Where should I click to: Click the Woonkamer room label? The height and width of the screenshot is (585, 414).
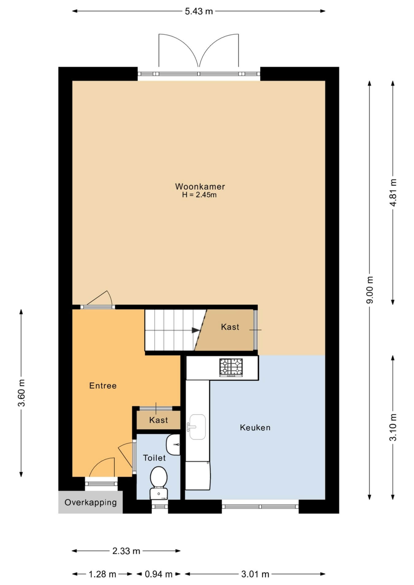tap(200, 186)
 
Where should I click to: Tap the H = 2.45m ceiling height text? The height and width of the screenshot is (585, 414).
tap(199, 195)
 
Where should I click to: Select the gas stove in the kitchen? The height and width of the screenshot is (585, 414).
tap(231, 367)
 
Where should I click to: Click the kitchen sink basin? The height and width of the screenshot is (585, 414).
tap(197, 427)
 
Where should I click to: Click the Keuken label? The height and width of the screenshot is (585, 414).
tap(255, 427)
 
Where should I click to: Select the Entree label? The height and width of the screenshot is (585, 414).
tap(103, 386)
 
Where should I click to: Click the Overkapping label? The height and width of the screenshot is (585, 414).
tap(91, 503)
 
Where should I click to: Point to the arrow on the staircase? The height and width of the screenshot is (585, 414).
tap(196, 330)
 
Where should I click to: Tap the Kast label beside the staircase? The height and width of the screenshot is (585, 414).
tap(230, 327)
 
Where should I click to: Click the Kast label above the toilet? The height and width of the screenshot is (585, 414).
tap(159, 420)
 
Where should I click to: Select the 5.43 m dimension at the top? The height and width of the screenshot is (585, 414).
tap(199, 11)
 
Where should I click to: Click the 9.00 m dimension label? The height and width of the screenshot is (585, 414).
tap(370, 290)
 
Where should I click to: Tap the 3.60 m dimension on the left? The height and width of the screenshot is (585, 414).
tap(21, 393)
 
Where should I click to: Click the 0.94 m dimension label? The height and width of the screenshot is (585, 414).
tap(158, 574)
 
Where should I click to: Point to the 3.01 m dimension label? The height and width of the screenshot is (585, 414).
tap(255, 574)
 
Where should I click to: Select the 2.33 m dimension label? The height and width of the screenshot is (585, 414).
tap(126, 551)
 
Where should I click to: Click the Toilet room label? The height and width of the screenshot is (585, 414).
tap(154, 458)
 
